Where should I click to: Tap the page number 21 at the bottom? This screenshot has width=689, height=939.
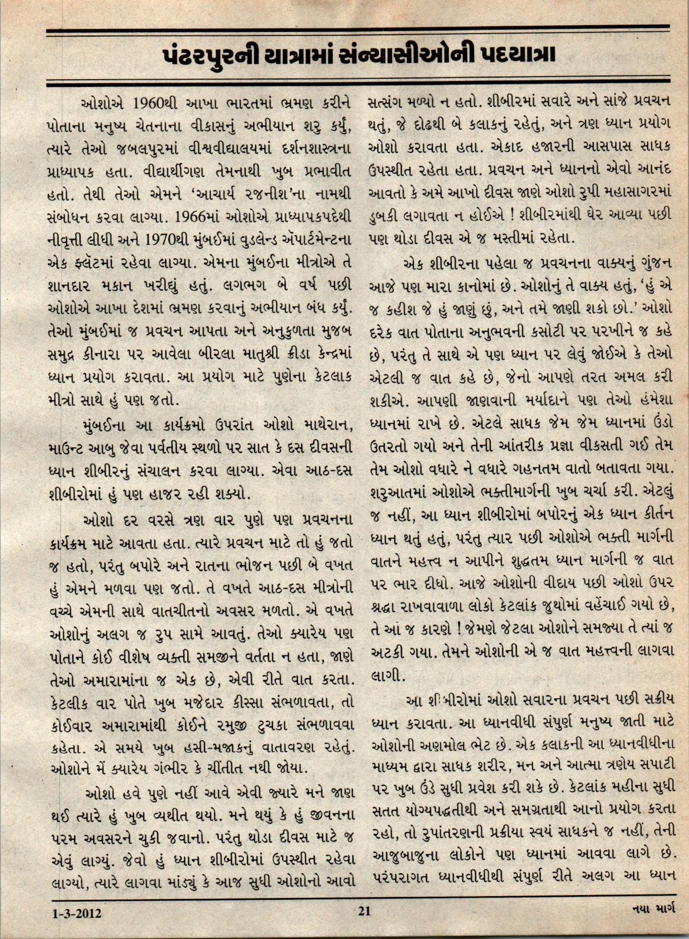[364, 911]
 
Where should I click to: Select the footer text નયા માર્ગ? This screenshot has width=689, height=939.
[653, 909]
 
